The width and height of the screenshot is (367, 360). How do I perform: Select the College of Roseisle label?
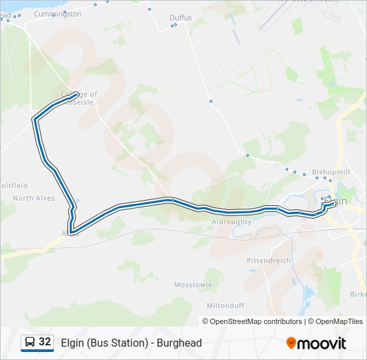(79, 99)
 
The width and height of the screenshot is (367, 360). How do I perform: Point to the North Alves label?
(33, 198)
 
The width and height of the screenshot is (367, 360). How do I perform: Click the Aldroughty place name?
(231, 221)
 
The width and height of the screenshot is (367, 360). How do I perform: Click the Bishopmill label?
(331, 171)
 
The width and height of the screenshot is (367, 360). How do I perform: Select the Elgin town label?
(338, 201)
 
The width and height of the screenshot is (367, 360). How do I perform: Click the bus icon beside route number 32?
(30, 343)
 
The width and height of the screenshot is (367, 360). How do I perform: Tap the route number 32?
(45, 342)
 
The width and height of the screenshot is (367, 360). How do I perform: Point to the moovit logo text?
(322, 343)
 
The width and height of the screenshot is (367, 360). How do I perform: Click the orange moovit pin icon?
(291, 343)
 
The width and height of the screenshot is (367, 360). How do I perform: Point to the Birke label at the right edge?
(358, 294)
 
